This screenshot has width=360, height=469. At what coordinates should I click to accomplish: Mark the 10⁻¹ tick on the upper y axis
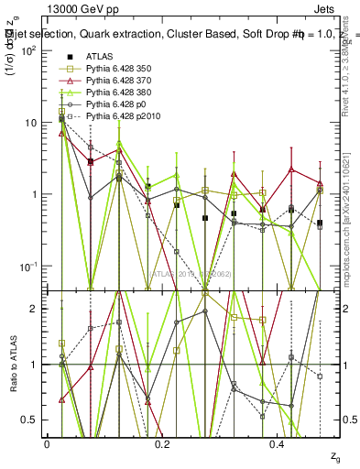[x=28, y=266]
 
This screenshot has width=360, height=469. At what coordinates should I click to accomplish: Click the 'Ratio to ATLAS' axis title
[x=12, y=364]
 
